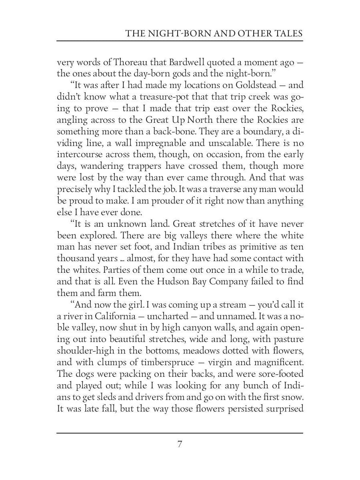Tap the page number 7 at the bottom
180,444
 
